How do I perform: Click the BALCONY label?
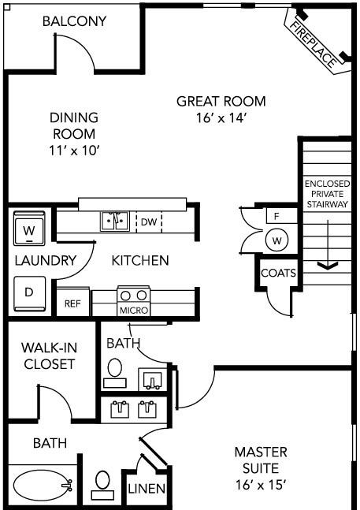(x=74, y=21)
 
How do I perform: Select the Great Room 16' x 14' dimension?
(x=221, y=117)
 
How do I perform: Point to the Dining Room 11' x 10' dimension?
(x=74, y=151)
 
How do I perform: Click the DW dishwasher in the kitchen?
(x=149, y=222)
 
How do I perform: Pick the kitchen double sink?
(x=115, y=221)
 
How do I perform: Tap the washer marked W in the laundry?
(x=29, y=229)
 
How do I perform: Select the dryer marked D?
(x=29, y=293)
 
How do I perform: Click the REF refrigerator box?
(x=72, y=302)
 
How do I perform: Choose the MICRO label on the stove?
(x=134, y=311)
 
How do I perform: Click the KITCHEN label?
(x=140, y=261)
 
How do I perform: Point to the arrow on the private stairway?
(x=328, y=244)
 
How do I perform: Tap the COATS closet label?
(x=278, y=273)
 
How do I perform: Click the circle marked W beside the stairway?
(x=276, y=240)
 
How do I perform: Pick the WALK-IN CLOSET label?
(x=50, y=356)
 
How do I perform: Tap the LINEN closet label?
(x=147, y=489)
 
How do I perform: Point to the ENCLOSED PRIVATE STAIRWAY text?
(x=327, y=194)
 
